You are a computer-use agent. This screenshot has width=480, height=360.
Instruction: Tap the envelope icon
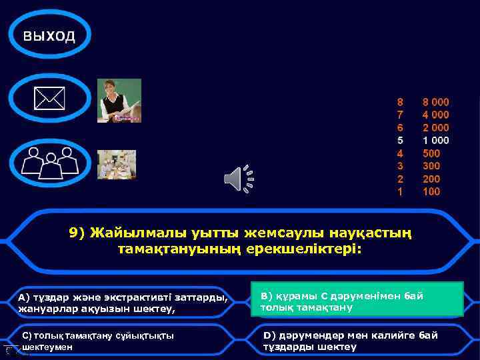pyautogui.click(x=50, y=99)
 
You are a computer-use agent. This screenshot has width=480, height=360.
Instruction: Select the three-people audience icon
pyautogui.click(x=50, y=162)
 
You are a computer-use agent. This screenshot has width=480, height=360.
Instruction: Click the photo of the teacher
pyautogui.click(x=119, y=101)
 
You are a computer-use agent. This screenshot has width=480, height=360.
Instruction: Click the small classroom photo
pyautogui.click(x=117, y=165)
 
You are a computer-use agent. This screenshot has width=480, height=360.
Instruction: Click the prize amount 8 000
pyautogui.click(x=435, y=103)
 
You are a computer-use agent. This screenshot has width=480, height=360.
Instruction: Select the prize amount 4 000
pyautogui.click(x=435, y=115)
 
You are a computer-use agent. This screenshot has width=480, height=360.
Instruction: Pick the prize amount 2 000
pyautogui.click(x=435, y=128)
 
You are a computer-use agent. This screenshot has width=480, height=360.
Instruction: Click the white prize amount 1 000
pyautogui.click(x=435, y=141)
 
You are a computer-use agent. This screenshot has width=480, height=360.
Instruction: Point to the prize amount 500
pyautogui.click(x=431, y=153)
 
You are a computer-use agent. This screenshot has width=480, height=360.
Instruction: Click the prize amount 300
pyautogui.click(x=431, y=166)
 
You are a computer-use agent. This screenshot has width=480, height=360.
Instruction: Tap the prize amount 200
pyautogui.click(x=431, y=179)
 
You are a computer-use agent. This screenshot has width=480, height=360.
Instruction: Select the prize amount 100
pyautogui.click(x=431, y=191)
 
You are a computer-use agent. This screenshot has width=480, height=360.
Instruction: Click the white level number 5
pyautogui.click(x=400, y=141)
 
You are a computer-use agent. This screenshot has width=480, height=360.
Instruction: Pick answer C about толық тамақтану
pyautogui.click(x=123, y=341)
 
